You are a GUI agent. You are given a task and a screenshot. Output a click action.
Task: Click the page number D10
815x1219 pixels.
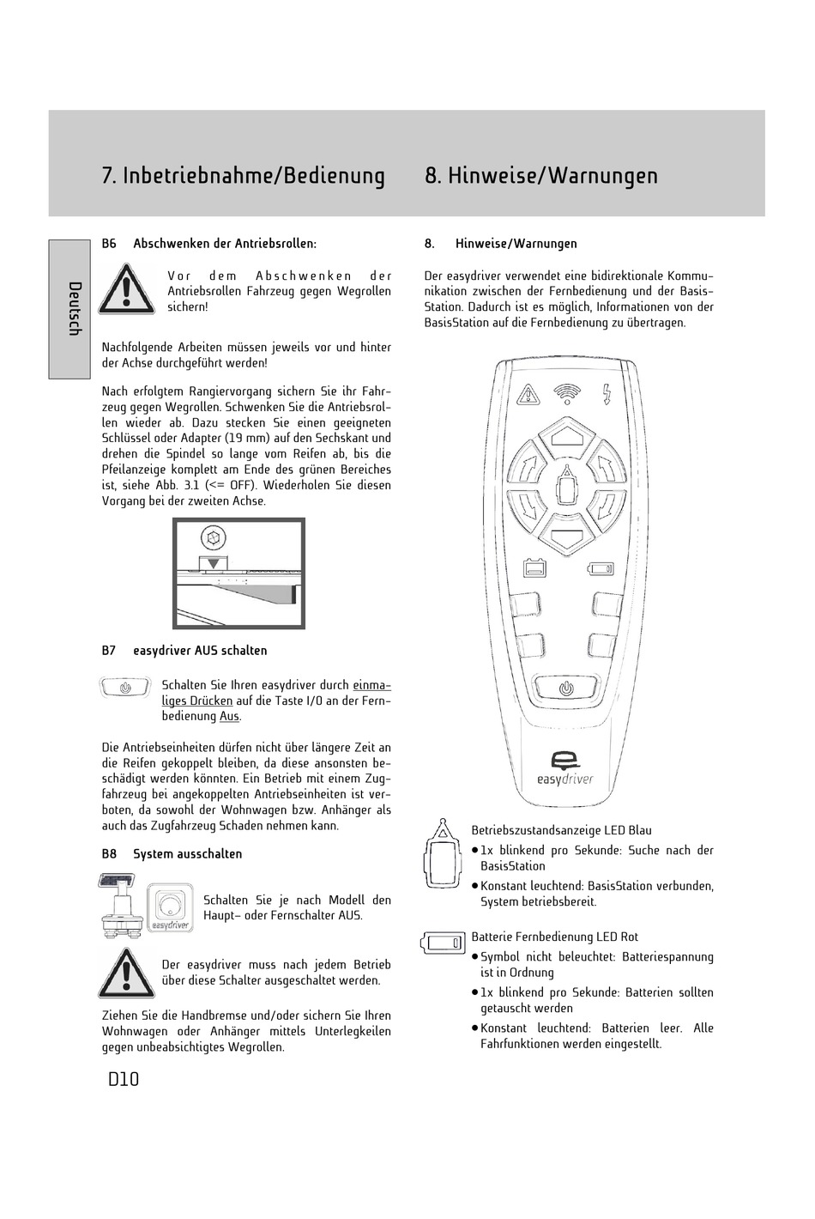pos(124,1079)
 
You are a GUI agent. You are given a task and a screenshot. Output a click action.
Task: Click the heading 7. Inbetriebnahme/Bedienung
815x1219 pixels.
pos(243,175)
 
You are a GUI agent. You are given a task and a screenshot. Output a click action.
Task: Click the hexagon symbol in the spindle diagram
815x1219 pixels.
pos(212,539)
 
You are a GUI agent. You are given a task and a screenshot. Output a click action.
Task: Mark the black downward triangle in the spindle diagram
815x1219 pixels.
pos(213,562)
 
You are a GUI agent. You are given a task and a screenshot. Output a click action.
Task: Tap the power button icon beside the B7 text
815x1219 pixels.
pos(126,688)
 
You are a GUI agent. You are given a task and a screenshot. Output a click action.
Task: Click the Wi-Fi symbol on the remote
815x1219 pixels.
pos(566,393)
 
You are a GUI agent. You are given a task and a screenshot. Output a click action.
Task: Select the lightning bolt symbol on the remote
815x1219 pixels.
pos(607,393)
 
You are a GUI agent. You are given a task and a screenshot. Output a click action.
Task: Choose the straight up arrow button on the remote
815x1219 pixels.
pos(566,436)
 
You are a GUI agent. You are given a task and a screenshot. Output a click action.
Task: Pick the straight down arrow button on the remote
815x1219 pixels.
pos(566,541)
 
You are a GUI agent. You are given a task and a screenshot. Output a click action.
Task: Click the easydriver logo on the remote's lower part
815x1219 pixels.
pos(565,768)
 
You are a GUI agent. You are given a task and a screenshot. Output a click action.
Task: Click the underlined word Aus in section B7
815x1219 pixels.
pos(229,716)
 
